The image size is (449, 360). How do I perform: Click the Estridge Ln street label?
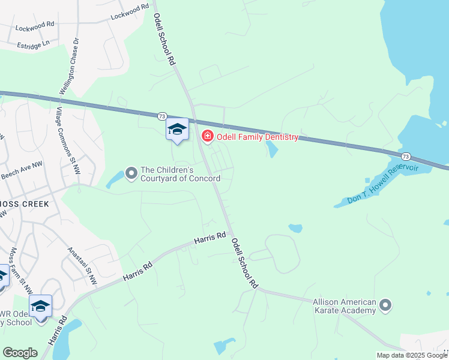tap(33, 45)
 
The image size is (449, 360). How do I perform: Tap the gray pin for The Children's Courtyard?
tap(132, 174)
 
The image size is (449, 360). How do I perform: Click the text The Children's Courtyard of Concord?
tap(180, 174)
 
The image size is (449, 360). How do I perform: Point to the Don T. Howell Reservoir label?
tap(382, 184)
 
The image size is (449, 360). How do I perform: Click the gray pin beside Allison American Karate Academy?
tap(385, 306)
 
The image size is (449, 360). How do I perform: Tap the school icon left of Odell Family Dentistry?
tap(177, 129)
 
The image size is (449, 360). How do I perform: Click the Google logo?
tap(20, 353)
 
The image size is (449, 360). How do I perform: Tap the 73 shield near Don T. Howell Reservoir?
tap(406, 156)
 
